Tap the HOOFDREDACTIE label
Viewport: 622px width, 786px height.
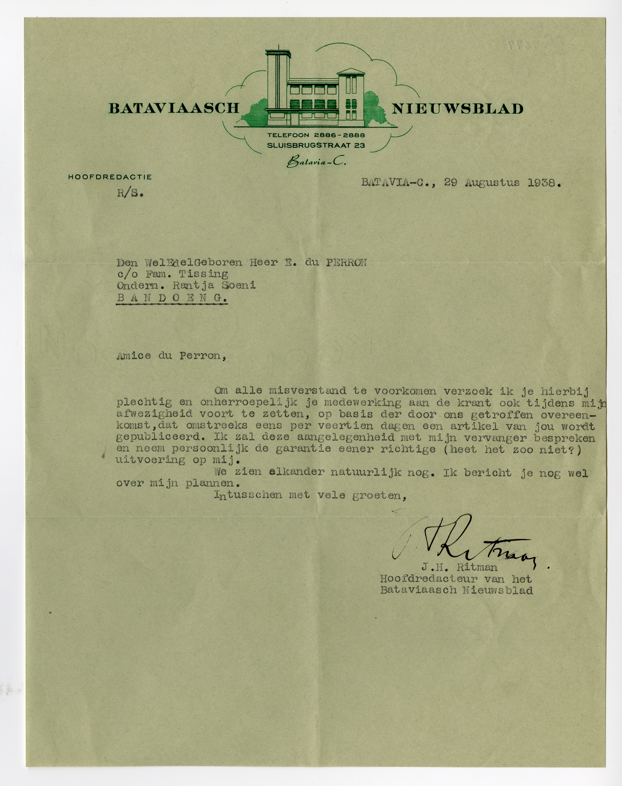point(110,177)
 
